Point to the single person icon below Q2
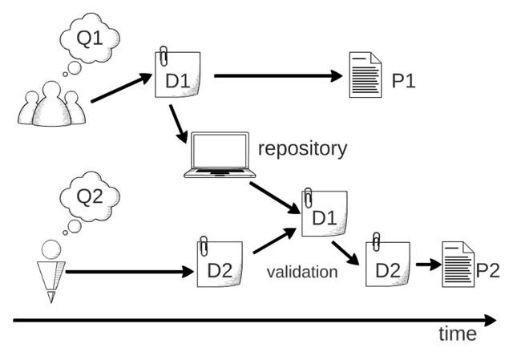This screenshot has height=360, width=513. point(52,269)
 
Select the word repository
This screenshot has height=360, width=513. point(303,148)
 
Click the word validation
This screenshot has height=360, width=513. point(302,272)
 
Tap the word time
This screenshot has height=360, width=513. point(457,334)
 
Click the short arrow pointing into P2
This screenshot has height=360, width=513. point(425,265)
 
